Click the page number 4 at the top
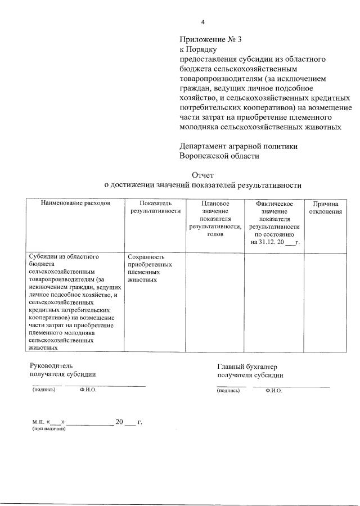tap(203, 22)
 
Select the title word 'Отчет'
tap(203, 175)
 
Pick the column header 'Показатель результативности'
tap(155, 207)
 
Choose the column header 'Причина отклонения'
tap(325, 207)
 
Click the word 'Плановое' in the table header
tap(215, 203)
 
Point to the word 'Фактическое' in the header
tap(274, 203)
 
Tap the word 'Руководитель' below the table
tap(51, 365)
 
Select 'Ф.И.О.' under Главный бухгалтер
tap(273, 390)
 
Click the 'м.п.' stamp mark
tap(38, 422)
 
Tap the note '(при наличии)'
tap(49, 429)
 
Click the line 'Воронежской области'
tap(219, 156)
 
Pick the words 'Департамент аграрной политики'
tap(238, 146)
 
